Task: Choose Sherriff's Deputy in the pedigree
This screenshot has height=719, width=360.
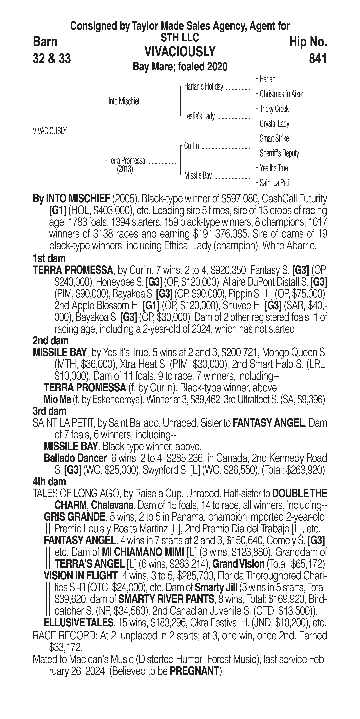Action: tap(279, 153)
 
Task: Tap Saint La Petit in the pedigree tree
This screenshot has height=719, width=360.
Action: tap(275, 183)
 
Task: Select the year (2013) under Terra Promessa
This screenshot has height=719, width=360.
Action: tap(125, 169)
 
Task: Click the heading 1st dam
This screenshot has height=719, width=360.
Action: tap(49, 258)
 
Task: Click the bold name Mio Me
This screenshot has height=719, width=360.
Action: tap(57, 399)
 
